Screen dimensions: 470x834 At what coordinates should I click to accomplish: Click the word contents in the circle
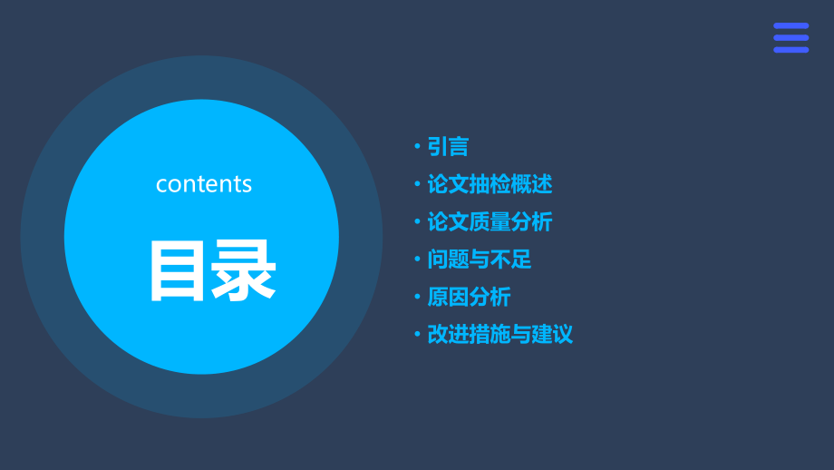click(x=204, y=183)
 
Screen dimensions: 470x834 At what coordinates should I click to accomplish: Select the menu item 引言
click(x=448, y=147)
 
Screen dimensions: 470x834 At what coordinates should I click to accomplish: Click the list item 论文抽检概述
click(x=490, y=184)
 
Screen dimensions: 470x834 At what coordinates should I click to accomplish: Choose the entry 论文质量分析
click(x=490, y=222)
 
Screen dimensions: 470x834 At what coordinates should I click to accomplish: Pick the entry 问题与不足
click(x=480, y=259)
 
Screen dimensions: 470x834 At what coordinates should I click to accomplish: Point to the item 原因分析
click(x=469, y=297)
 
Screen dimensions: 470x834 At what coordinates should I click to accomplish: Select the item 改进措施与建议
click(x=499, y=334)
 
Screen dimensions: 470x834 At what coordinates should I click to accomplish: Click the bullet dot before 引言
click(x=417, y=147)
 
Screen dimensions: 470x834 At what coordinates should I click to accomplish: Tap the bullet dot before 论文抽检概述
click(x=417, y=184)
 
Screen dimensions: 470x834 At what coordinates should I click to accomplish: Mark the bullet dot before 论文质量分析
click(x=417, y=222)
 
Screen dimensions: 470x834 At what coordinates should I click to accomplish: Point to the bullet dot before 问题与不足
click(x=417, y=259)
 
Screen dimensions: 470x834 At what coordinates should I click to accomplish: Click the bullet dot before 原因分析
click(x=417, y=297)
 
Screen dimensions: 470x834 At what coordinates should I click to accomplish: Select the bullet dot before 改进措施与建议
click(x=417, y=334)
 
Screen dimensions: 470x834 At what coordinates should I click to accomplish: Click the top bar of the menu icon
click(x=790, y=25)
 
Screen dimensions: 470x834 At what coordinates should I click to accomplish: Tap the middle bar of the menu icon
click(x=790, y=37)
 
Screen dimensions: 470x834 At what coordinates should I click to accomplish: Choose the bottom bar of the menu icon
click(x=790, y=49)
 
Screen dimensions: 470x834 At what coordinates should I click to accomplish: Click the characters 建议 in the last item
click(x=552, y=334)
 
